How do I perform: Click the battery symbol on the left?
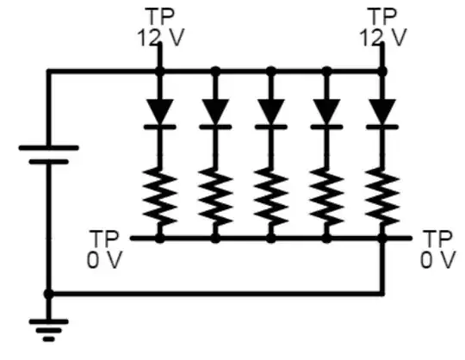click(x=48, y=155)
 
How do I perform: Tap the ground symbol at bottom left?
click(x=48, y=327)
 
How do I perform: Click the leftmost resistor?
click(x=159, y=195)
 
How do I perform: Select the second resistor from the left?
click(x=215, y=195)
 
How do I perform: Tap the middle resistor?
click(x=271, y=195)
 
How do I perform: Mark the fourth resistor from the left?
click(x=326, y=195)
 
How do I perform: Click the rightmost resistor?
click(x=382, y=195)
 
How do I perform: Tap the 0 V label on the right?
click(x=437, y=259)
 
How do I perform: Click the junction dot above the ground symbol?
click(x=48, y=294)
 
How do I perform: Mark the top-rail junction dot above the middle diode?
click(x=271, y=71)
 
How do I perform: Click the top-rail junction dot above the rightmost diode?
click(x=382, y=71)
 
